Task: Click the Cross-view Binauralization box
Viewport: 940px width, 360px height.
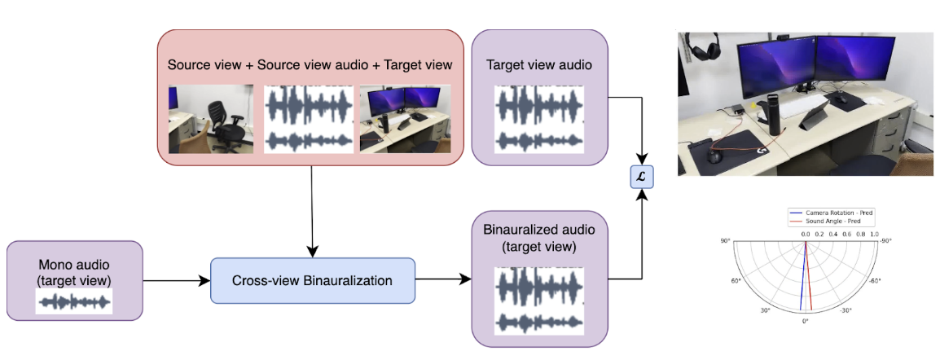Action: coord(313,281)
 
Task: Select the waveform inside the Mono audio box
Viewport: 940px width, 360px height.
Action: coord(74,302)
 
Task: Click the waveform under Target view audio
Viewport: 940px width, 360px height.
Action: coord(539,119)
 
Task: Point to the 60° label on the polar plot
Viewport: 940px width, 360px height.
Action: coord(736,281)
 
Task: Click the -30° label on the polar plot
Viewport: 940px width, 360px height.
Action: coord(846,310)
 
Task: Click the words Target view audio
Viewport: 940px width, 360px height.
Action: coord(539,64)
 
